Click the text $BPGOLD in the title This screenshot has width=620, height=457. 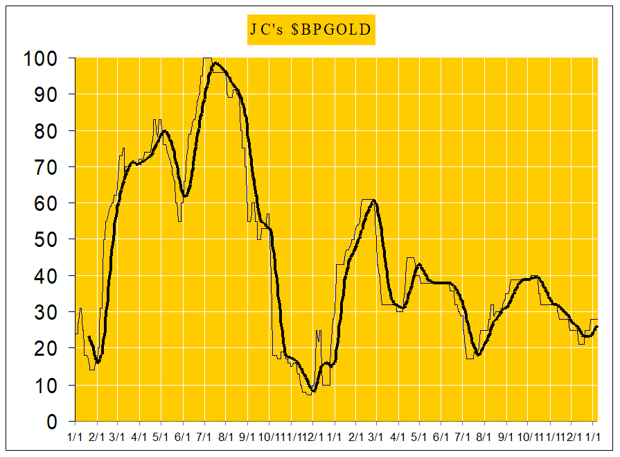[331, 31]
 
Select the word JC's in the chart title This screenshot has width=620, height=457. [267, 31]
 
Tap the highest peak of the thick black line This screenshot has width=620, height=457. [216, 64]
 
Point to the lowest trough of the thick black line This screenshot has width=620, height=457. [312, 391]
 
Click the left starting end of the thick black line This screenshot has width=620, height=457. [89, 337]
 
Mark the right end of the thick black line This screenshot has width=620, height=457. [597, 327]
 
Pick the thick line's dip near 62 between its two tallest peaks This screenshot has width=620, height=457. [184, 196]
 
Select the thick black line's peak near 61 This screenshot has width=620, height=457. [374, 200]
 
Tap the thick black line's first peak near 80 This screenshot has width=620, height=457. [164, 131]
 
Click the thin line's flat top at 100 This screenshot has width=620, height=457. [207, 58]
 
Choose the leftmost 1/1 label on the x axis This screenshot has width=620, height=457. [76, 437]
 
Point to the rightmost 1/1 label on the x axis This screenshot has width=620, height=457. [593, 437]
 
